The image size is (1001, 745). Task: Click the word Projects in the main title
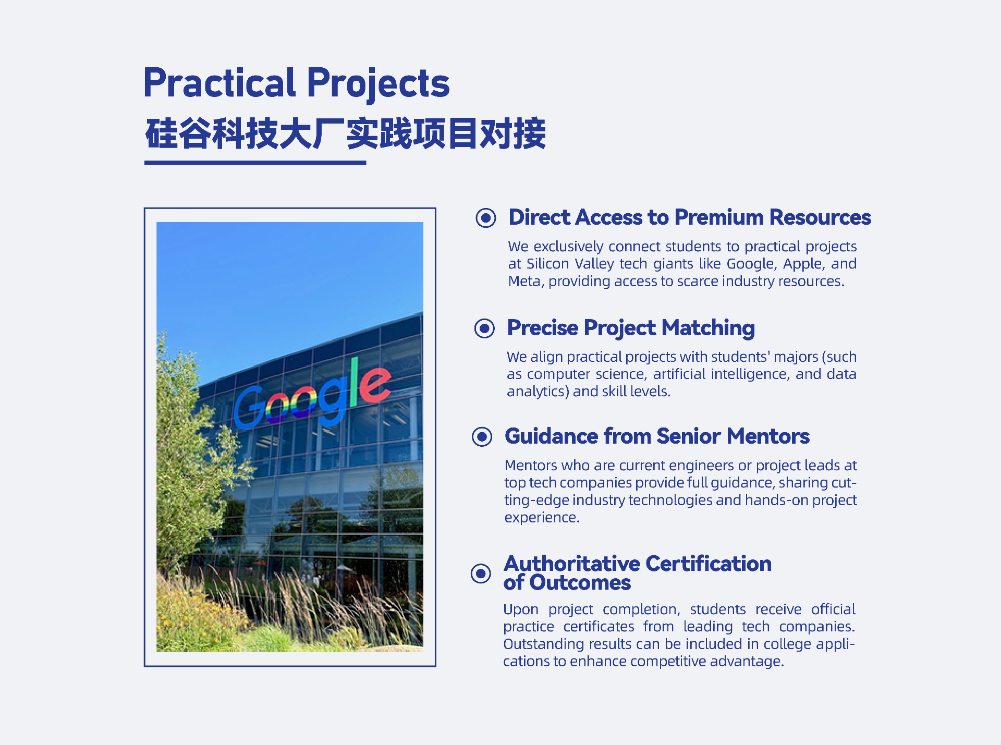(379, 84)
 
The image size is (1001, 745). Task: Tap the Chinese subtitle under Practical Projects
(346, 134)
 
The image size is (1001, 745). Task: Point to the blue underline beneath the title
(255, 163)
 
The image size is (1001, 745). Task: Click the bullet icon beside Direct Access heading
(486, 217)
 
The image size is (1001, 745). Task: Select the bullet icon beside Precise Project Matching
(484, 328)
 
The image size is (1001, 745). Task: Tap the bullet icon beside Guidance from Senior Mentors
(482, 437)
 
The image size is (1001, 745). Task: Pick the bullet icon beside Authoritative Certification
(481, 573)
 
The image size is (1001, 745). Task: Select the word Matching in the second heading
(708, 328)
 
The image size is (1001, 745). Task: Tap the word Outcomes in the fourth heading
(580, 583)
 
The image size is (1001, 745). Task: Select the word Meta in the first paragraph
(526, 282)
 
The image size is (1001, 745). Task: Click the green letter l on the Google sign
(354, 382)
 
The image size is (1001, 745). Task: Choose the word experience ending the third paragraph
(542, 518)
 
